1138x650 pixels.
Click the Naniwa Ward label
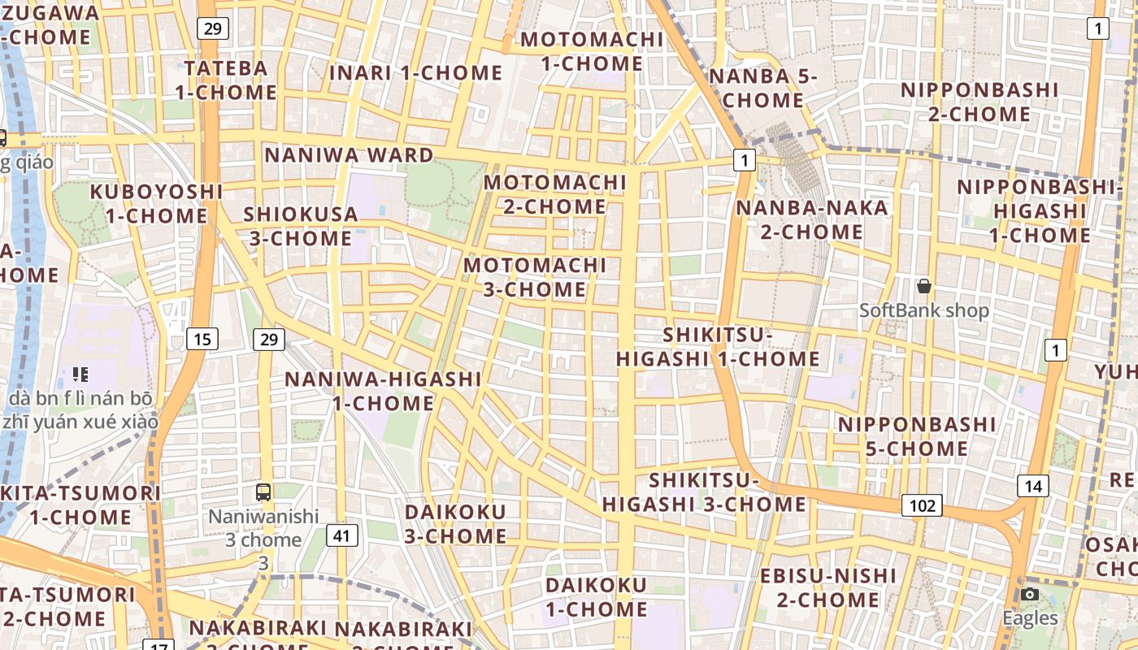pos(349,155)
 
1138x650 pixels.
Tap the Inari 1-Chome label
pos(415,72)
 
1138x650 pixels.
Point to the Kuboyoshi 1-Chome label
pos(156,204)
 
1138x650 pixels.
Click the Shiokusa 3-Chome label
pos(301,227)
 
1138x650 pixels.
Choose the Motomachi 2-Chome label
pos(555,194)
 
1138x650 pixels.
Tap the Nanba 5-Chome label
pos(762,89)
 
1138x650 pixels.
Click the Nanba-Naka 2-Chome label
pos(811,219)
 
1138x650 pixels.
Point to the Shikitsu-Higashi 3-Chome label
pos(704,492)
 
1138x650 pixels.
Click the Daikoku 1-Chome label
pos(597,597)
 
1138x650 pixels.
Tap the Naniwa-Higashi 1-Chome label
pos(383,391)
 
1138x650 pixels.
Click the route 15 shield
pos(202,339)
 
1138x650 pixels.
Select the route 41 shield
pos(342,535)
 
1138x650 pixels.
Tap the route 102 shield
pos(922,505)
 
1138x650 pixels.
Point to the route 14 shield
pos(1032,486)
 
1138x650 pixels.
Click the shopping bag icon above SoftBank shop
pos(924,286)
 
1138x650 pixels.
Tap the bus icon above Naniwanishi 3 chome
pos(263,492)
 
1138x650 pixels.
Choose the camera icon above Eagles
pos(1030,595)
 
